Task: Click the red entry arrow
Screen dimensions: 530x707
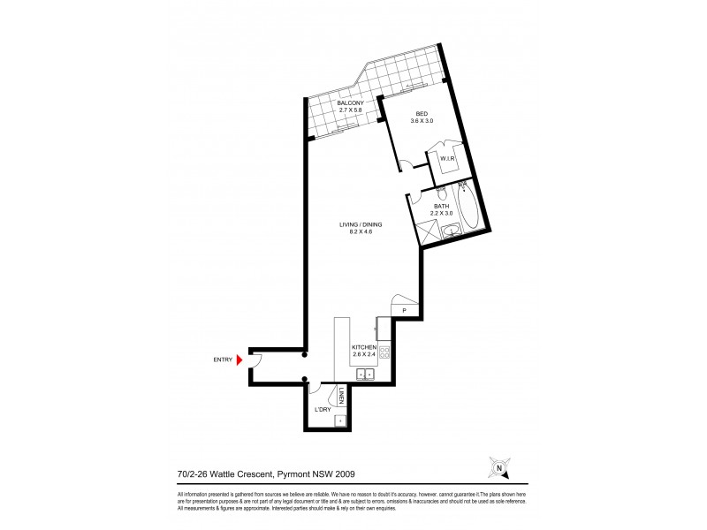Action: click(239, 360)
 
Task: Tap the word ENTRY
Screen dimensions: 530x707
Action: click(222, 360)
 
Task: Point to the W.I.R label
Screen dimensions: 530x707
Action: click(447, 159)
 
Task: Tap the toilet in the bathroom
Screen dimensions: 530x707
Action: click(440, 192)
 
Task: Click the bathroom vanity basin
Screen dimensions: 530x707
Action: click(452, 231)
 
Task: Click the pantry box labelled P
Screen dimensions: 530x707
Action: click(403, 311)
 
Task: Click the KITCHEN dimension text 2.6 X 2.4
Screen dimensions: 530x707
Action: click(364, 355)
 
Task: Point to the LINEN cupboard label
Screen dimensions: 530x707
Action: click(341, 395)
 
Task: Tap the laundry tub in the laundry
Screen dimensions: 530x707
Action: click(341, 420)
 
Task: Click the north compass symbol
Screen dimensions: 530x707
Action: click(499, 467)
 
